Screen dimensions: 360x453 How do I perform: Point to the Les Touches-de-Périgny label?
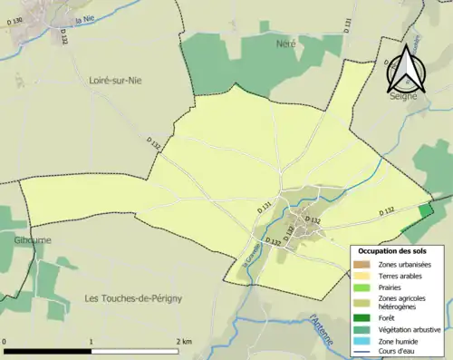click(133, 297)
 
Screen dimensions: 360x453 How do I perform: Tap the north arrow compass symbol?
click(402, 69)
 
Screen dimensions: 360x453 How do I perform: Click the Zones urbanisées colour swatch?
click(362, 264)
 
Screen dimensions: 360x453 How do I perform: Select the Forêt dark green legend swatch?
click(362, 316)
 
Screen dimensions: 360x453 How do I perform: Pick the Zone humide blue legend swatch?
click(362, 342)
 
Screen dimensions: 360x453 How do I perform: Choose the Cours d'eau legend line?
click(362, 352)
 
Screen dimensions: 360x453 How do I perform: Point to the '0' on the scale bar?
click(6, 342)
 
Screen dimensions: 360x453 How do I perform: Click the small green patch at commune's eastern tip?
click(426, 210)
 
